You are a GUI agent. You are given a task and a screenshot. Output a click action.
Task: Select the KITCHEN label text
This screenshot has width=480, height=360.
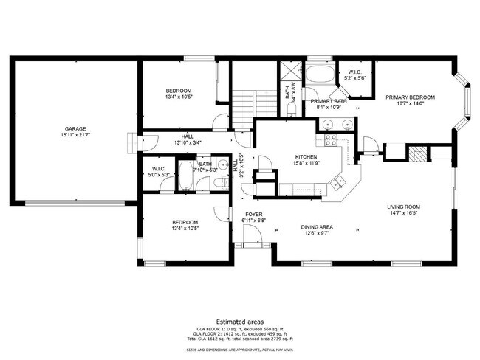(306, 157)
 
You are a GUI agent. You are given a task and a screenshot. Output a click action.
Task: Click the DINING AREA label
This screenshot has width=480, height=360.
(320, 227)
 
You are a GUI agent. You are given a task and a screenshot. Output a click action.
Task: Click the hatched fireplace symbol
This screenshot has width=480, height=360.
(419, 153)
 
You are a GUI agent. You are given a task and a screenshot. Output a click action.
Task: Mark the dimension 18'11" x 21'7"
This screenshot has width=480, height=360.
(74, 135)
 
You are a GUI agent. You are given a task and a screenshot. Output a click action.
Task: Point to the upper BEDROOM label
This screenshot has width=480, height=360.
(179, 90)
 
